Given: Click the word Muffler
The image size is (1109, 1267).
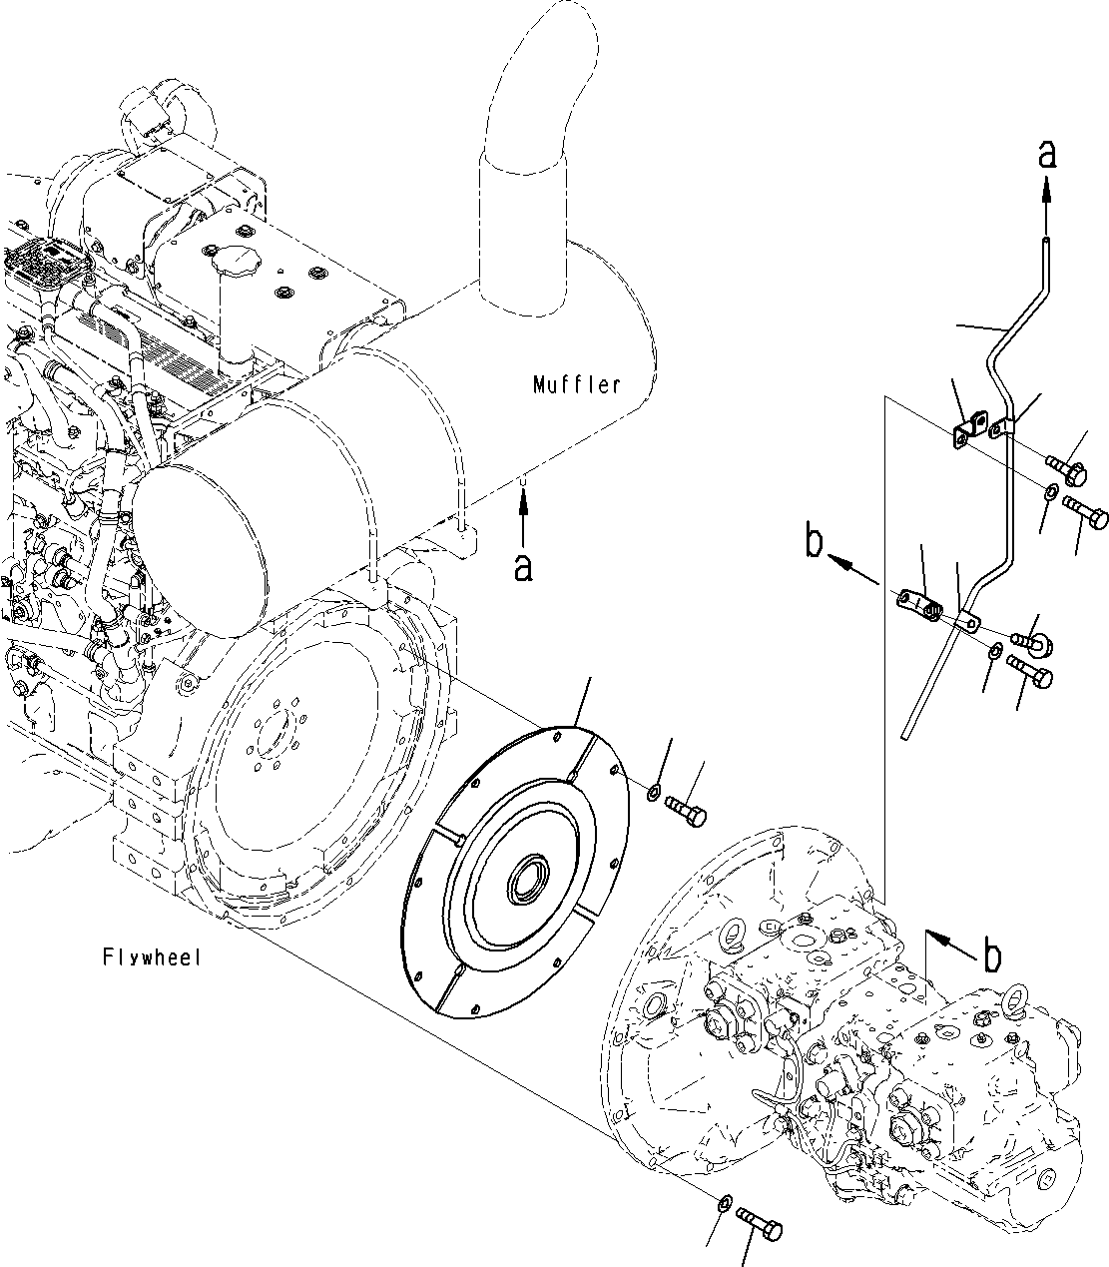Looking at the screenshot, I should coord(576,383).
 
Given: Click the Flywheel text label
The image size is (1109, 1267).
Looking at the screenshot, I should coord(152,957).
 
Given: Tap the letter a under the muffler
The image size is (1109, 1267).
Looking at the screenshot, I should coord(522,568).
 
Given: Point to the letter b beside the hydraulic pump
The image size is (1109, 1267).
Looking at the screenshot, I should coord(990,955).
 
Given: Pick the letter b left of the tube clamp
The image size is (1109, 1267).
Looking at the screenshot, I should coord(814,544).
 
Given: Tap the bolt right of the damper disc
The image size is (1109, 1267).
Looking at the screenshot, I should coord(686,808).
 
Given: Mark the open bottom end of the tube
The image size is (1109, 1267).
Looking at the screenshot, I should coord(904,734).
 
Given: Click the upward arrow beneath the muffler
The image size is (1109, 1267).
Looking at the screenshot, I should coord(522,519).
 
